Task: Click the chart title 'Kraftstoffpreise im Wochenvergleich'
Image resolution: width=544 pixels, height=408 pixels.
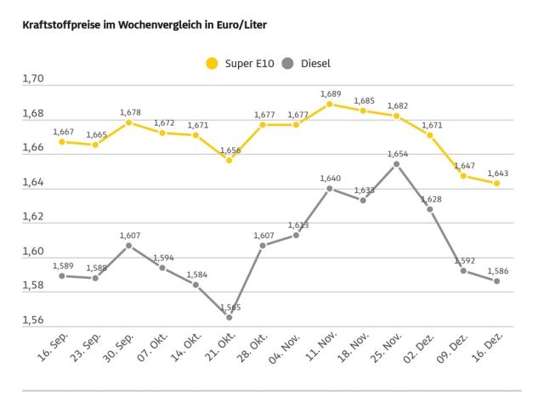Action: point(144,25)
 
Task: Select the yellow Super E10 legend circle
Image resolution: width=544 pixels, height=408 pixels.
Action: point(212,63)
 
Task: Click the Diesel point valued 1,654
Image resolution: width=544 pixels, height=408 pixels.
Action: point(397,164)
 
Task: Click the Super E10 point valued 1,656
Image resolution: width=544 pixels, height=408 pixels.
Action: point(229,160)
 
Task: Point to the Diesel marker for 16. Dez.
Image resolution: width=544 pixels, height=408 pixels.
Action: point(496,281)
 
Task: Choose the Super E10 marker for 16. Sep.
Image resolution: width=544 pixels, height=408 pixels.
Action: point(62,142)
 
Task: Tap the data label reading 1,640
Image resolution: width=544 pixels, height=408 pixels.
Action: point(330,178)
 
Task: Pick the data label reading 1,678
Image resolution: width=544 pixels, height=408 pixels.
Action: point(129,112)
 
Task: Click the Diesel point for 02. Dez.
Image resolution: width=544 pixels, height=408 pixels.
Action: point(430,209)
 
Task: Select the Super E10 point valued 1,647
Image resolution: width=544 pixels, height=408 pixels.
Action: point(463,176)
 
